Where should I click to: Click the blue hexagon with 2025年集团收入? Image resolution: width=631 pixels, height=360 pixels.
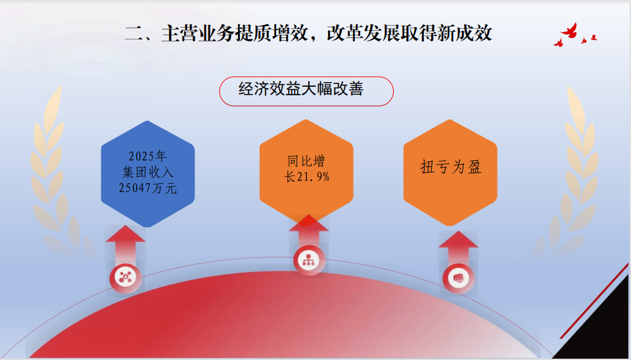148,174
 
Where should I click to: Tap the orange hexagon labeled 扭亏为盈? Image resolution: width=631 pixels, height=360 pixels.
450,172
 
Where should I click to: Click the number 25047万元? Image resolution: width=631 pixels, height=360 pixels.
148,188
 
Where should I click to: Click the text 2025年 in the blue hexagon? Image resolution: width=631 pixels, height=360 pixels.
148,156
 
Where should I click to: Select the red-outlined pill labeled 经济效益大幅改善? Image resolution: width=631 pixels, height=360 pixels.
306,91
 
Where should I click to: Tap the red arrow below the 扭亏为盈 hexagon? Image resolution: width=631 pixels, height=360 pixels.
458,248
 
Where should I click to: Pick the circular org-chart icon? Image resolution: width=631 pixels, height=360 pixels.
309,260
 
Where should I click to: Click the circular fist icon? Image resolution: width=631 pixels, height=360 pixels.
458,279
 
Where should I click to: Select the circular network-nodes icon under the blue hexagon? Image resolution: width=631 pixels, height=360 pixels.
126,277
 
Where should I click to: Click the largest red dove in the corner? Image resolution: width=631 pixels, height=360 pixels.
569,31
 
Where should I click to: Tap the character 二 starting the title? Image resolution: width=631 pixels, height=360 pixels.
133,33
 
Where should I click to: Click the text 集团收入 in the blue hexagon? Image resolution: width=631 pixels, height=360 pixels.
148,172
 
